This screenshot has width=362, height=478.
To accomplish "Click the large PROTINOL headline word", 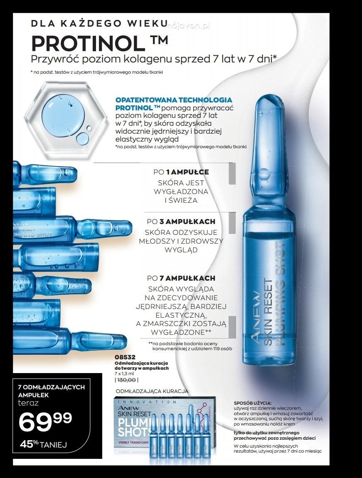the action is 88,44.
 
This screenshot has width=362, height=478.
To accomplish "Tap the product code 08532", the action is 125,357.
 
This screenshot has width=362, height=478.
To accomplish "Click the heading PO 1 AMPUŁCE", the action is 181,172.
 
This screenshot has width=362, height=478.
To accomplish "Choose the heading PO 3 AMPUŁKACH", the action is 181,222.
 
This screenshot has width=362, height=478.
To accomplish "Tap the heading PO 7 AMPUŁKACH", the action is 181,278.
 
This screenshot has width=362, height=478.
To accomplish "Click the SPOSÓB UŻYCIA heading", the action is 253,403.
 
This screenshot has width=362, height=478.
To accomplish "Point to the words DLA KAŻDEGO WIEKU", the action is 99,23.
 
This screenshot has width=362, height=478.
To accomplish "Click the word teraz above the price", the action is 28,403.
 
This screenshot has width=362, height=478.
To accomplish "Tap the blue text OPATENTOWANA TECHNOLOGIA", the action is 174,100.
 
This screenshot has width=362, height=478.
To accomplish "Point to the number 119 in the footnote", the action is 201,349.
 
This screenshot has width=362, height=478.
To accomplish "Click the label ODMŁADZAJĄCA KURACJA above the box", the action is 152,391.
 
